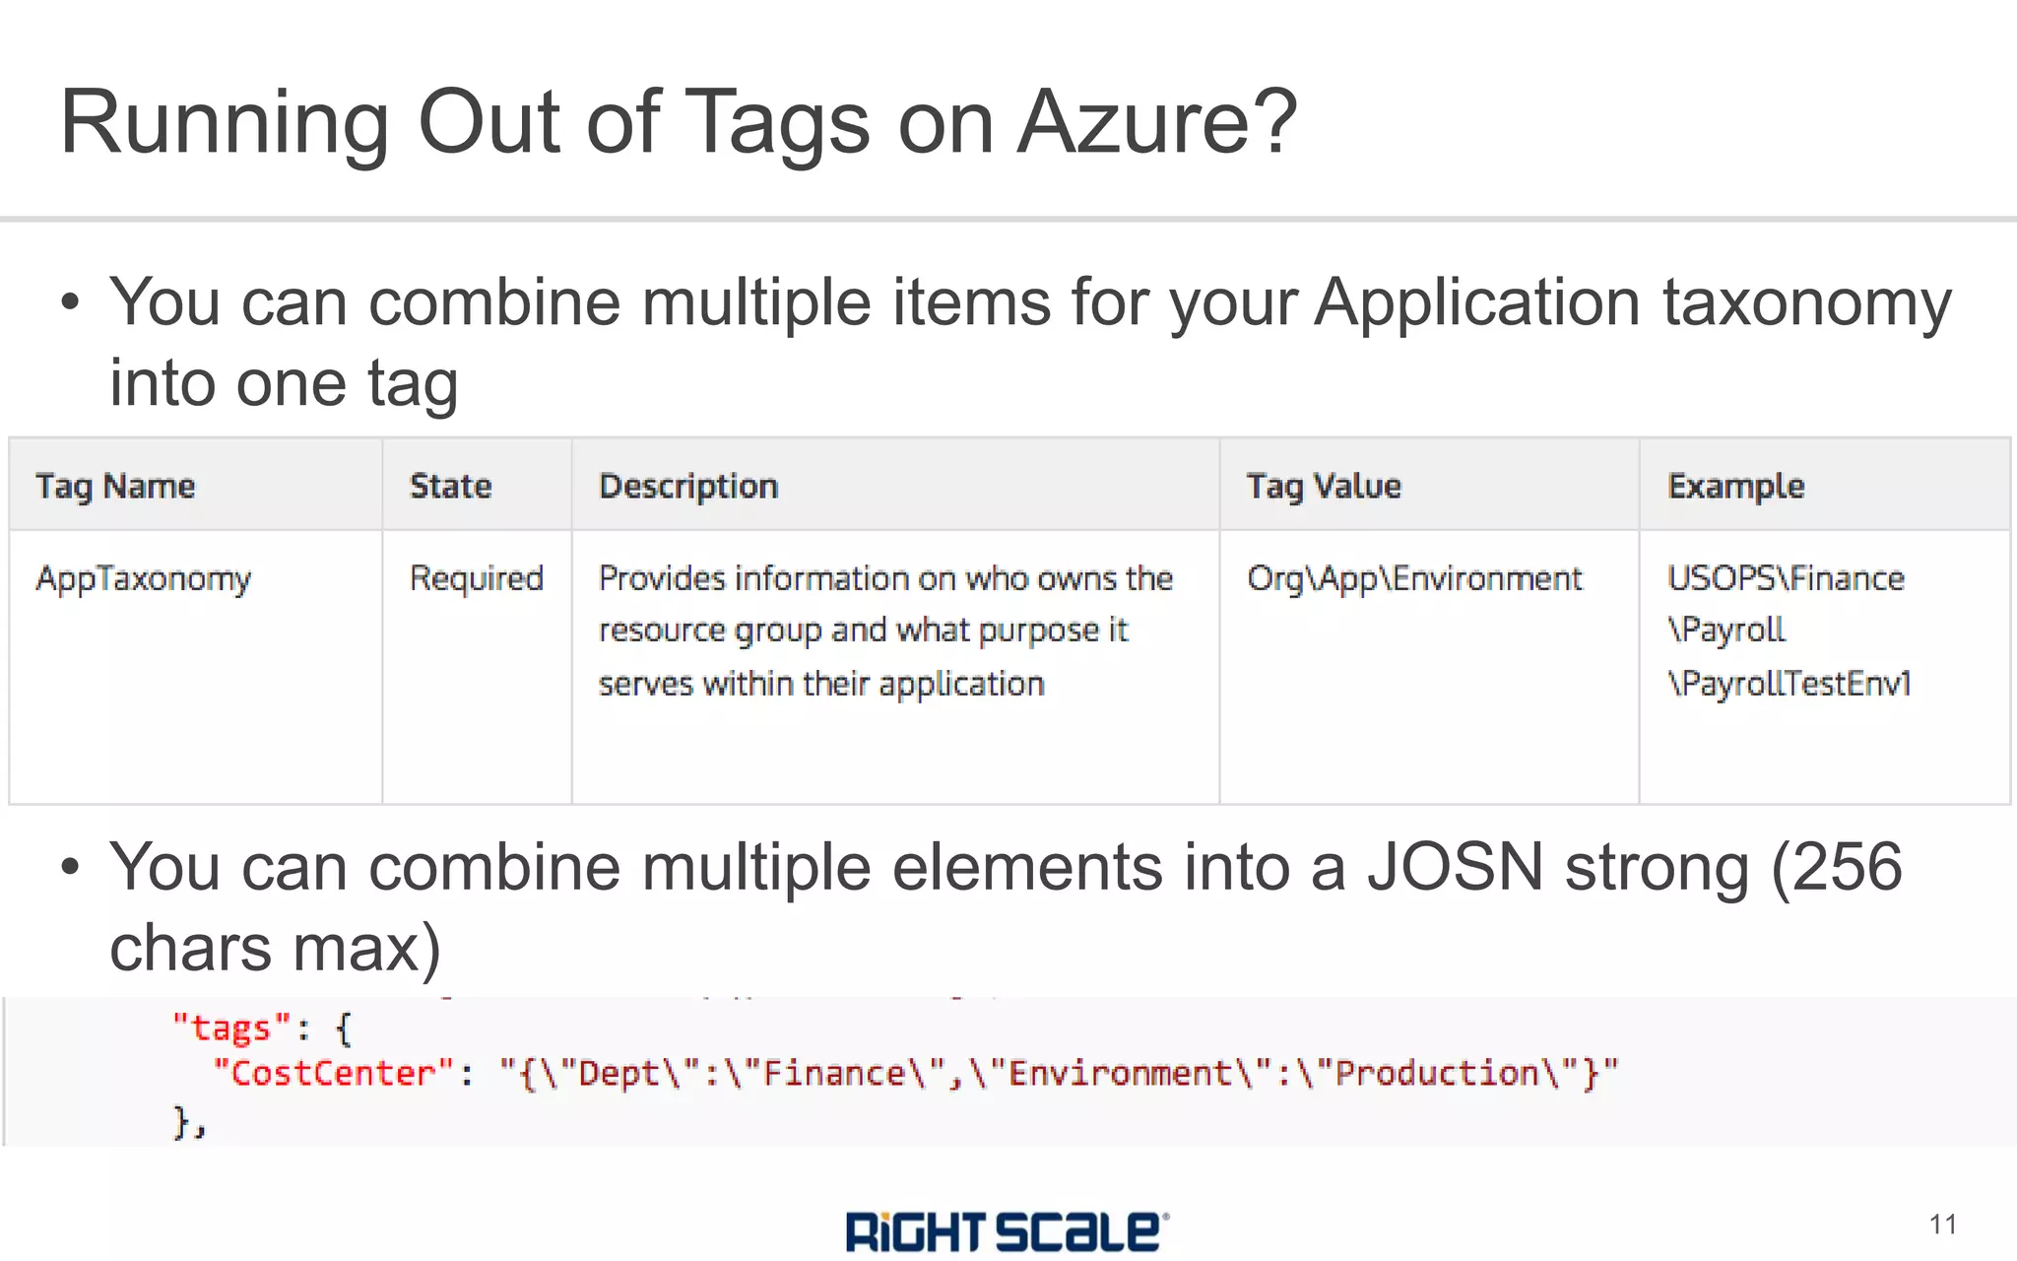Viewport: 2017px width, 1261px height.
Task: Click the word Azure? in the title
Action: click(x=1157, y=122)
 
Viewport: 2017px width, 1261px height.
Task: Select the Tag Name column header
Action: click(x=115, y=486)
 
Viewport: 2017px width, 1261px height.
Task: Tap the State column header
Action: click(x=450, y=486)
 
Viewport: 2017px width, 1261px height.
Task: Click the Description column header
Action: click(x=688, y=486)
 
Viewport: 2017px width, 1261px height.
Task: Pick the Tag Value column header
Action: click(x=1323, y=486)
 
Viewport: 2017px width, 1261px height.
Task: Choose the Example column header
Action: click(x=1735, y=486)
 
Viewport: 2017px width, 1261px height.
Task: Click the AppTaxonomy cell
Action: click(x=144, y=578)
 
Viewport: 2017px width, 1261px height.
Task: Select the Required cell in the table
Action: click(x=477, y=578)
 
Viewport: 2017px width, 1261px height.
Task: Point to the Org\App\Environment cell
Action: click(x=1414, y=578)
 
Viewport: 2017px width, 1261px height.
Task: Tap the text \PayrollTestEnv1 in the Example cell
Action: click(x=1789, y=683)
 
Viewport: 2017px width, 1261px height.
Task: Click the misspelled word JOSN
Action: click(x=1455, y=867)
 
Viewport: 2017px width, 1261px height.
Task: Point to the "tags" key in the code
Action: click(x=230, y=1028)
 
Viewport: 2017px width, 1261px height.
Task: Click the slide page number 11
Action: click(x=1942, y=1225)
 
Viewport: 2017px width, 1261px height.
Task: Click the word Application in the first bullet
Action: click(x=1477, y=302)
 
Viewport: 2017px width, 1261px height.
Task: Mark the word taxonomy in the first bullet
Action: click(x=1807, y=302)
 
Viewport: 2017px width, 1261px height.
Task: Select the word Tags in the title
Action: click(x=777, y=122)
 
